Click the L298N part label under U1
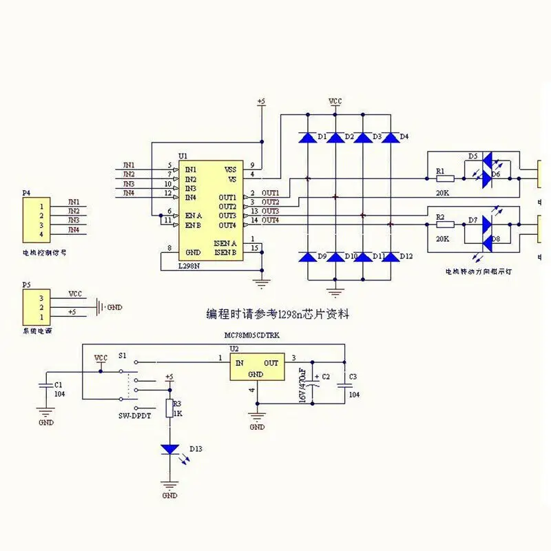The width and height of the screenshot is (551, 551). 190,266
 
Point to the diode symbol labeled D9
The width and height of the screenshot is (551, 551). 307,257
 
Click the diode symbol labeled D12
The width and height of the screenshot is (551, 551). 390,257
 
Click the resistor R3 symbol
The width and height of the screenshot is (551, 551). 169,408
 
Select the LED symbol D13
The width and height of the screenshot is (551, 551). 169,449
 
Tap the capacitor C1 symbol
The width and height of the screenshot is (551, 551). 45,386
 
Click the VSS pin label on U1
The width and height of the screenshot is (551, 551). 230,169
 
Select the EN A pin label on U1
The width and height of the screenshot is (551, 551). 194,216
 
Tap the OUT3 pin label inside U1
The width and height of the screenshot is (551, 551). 227,216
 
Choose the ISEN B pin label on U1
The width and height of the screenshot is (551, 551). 226,252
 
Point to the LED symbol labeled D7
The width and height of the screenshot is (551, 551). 487,225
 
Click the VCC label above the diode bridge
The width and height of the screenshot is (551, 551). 335,101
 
